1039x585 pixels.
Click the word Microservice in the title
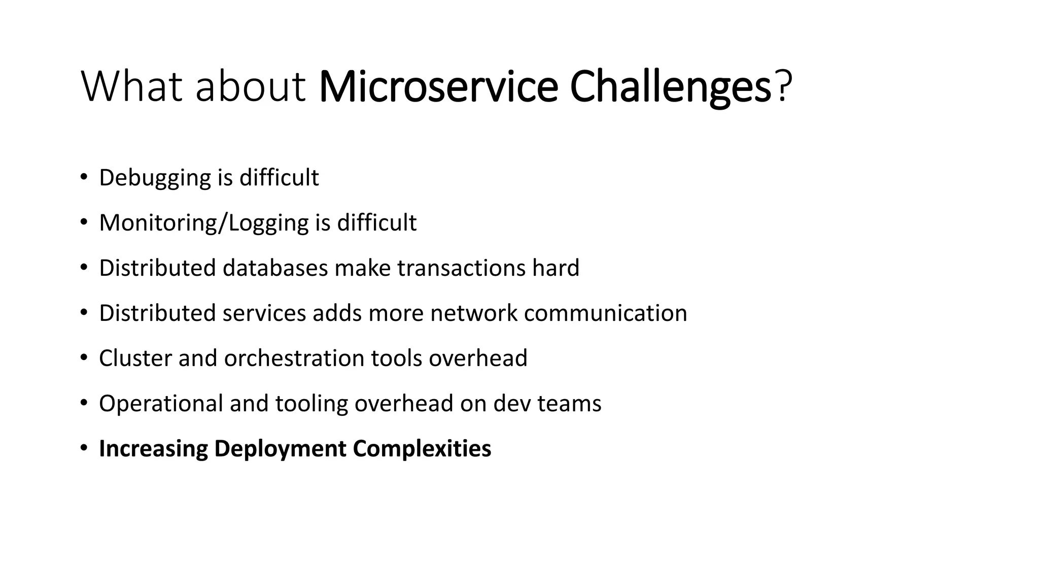[x=438, y=87]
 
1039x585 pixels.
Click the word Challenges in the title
[x=670, y=87]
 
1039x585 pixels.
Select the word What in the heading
[x=131, y=87]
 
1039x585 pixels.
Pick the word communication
[x=605, y=313]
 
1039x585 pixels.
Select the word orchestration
[x=294, y=359]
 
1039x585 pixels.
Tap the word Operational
[x=161, y=404]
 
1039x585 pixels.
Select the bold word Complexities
[x=422, y=449]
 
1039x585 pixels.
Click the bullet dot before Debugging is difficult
[x=84, y=178]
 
